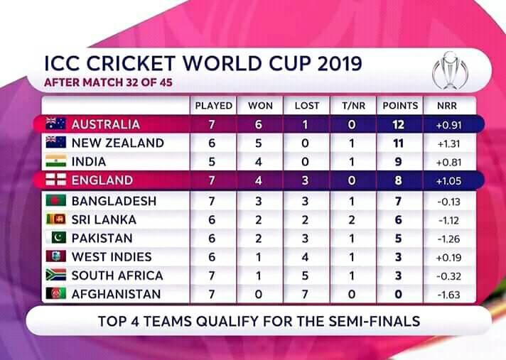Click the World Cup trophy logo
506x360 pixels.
(450, 70)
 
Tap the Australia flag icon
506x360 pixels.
(56, 124)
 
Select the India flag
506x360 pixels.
(56, 161)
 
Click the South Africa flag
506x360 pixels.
(56, 275)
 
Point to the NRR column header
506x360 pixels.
(447, 106)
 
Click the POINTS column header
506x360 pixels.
(400, 106)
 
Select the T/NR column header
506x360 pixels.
(353, 106)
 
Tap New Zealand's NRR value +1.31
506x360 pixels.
(448, 143)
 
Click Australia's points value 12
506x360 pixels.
(399, 125)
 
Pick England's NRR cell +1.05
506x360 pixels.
(448, 181)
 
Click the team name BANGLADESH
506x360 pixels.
(114, 201)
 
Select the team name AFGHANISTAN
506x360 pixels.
(116, 294)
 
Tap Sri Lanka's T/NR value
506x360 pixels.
(352, 220)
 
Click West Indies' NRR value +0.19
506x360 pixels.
(448, 258)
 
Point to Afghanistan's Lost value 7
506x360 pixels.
(305, 295)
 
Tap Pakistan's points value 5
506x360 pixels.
(399, 239)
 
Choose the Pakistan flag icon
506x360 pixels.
(56, 238)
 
